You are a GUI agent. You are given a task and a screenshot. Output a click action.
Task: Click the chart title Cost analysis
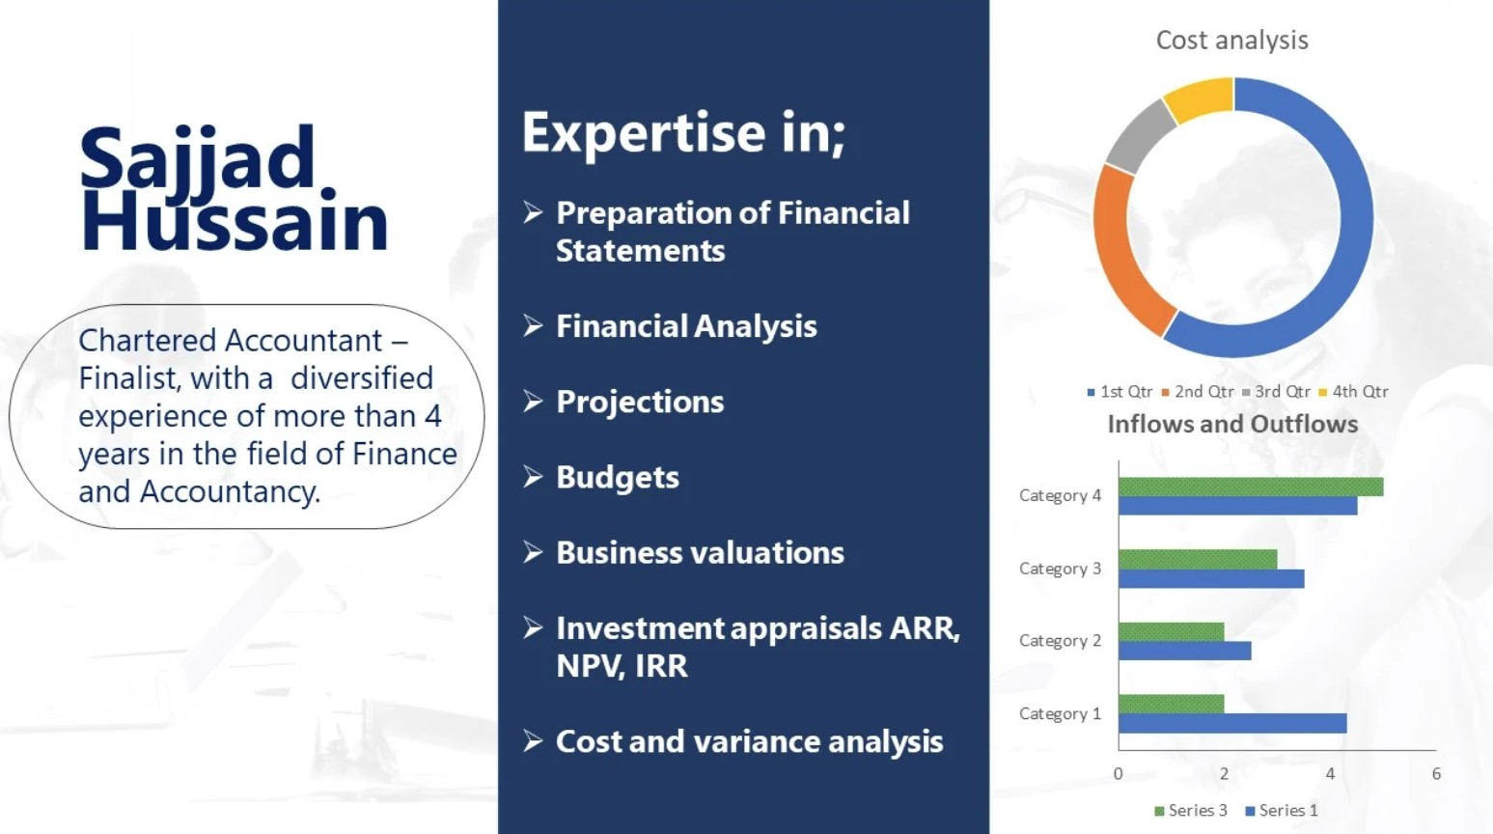(1231, 41)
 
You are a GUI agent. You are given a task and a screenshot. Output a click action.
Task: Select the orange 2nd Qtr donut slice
(1120, 253)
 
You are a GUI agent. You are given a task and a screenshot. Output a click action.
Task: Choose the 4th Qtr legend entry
(1353, 391)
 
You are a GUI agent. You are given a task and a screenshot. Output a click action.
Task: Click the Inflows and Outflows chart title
(1232, 424)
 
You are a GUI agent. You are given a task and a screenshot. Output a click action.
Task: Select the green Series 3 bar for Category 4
(1251, 486)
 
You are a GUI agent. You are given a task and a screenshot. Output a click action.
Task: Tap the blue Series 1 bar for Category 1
(1232, 723)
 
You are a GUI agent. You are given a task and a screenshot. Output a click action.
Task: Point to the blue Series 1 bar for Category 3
(1212, 578)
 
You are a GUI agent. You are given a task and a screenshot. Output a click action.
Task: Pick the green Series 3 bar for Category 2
(1172, 631)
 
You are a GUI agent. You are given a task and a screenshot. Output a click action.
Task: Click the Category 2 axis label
(1060, 641)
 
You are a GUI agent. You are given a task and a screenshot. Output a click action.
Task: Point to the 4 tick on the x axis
(1330, 773)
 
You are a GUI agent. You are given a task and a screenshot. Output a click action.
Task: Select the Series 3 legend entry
(1190, 810)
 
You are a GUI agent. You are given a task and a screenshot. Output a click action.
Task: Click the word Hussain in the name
(234, 219)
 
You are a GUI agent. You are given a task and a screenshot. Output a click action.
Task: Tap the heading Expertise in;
(684, 132)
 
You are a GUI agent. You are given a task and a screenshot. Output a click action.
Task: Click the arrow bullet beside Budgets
(533, 477)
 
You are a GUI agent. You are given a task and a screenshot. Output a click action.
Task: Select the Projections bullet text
(640, 402)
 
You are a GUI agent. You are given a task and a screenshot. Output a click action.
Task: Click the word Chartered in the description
(148, 341)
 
